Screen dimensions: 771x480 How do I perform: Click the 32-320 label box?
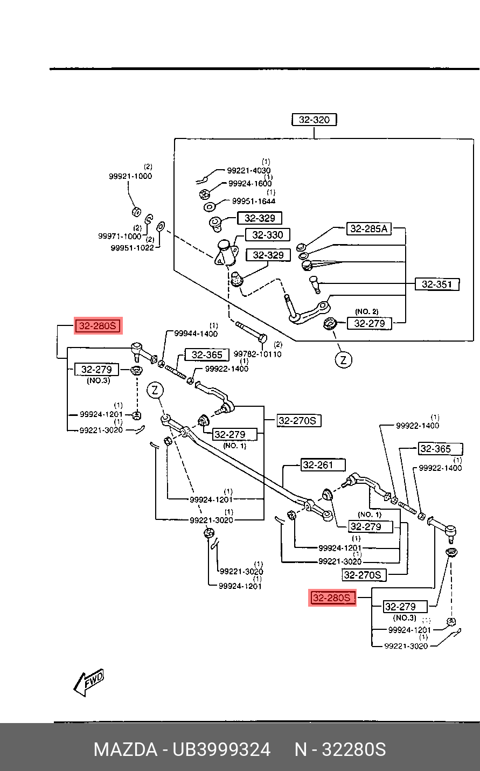pos(314,120)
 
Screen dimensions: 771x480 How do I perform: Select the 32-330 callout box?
pos(268,235)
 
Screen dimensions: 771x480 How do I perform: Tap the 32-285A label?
pos(368,229)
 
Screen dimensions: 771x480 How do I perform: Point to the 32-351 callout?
pos(437,284)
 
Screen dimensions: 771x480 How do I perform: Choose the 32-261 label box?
pos(317,465)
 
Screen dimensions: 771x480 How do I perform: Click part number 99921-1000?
pos(130,176)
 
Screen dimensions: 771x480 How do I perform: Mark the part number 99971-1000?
pos(120,236)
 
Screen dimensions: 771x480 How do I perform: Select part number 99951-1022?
pos(132,248)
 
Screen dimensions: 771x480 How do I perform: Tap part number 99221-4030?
pos(248,171)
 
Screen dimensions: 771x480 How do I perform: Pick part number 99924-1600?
pos(250,184)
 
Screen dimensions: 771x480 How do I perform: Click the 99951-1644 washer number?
pos(253,201)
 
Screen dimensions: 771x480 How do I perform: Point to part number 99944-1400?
pos(196,334)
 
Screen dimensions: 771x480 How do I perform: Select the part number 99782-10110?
pos(258,354)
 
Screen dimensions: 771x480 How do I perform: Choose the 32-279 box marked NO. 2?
pos(370,323)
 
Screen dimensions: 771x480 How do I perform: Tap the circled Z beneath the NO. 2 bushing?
pos(343,359)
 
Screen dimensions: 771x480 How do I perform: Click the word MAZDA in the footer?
pos(125,749)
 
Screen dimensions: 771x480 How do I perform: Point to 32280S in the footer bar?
pos(353,749)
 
